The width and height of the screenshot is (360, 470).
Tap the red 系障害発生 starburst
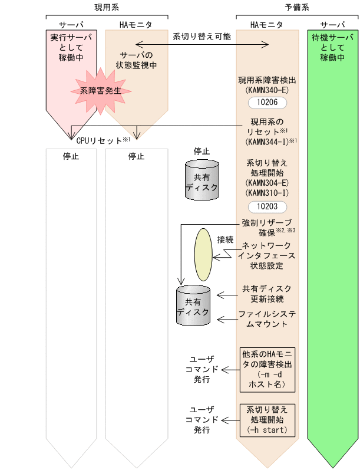[x=100, y=91]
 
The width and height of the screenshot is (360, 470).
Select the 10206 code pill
[x=267, y=102]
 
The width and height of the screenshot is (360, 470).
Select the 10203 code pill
[x=267, y=207]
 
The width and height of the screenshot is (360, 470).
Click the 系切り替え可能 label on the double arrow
[x=202, y=36]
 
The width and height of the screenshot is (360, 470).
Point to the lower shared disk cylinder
[x=194, y=305]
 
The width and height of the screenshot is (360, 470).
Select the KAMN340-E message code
[x=267, y=90]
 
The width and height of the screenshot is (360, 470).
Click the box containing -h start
[x=267, y=419]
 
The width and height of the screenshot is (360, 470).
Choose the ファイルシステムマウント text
[x=267, y=319]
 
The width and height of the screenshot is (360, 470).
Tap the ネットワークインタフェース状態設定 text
[x=267, y=255]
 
